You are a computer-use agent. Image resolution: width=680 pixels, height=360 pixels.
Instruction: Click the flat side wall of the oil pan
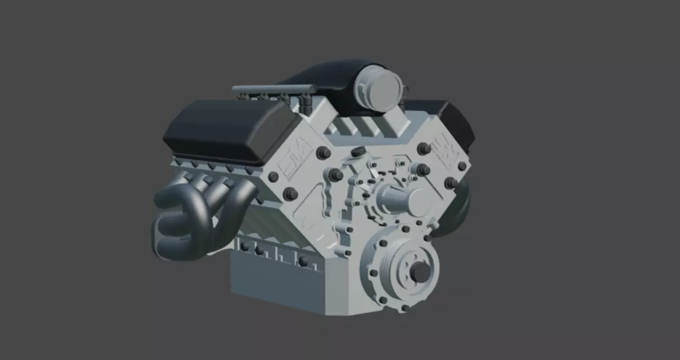point(275,281)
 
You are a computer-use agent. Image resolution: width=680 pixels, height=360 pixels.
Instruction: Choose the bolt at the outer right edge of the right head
point(463,166)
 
